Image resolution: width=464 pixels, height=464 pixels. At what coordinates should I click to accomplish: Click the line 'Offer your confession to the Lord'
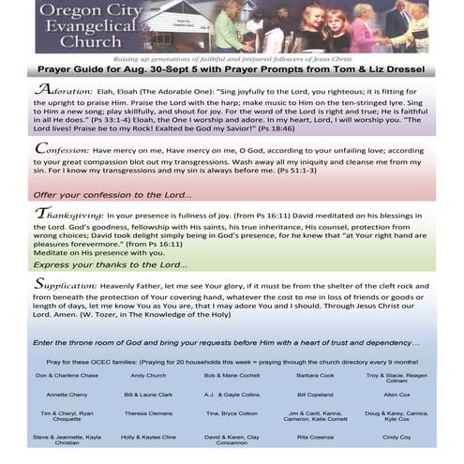coord(112,194)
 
